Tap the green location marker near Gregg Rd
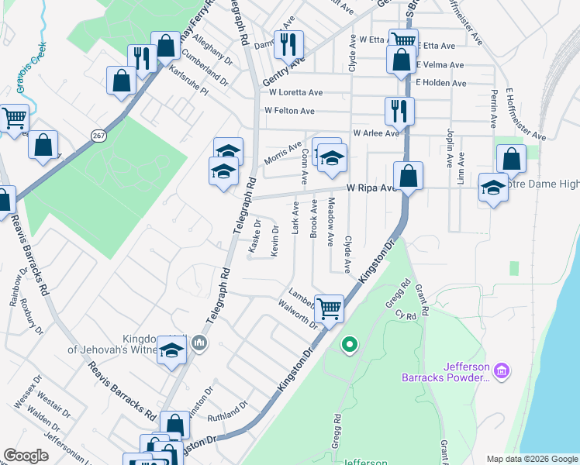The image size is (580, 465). [x=350, y=344]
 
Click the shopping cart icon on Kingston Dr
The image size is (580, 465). [x=330, y=308]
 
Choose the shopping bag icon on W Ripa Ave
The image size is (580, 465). [x=408, y=176]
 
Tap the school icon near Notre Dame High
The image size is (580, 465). [x=492, y=188]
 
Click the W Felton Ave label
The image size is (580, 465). [x=292, y=111]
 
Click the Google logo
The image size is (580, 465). [x=26, y=456]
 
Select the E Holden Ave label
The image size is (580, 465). [x=440, y=83]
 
